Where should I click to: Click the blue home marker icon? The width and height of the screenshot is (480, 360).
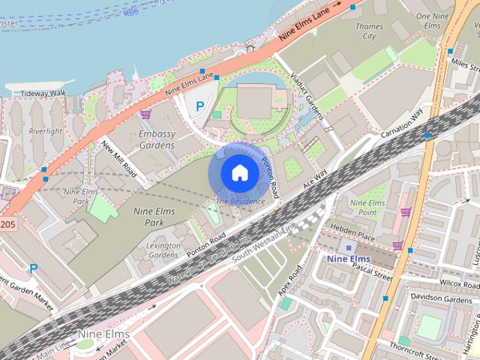click(x=239, y=172)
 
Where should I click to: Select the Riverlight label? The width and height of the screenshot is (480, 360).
click(x=45, y=130)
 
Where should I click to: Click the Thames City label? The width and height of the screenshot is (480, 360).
click(x=368, y=31)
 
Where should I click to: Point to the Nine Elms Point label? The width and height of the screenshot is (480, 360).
click(x=367, y=208)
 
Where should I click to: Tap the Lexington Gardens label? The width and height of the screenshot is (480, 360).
click(x=164, y=250)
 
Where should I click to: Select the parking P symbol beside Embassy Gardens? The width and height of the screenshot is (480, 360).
click(x=199, y=106)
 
